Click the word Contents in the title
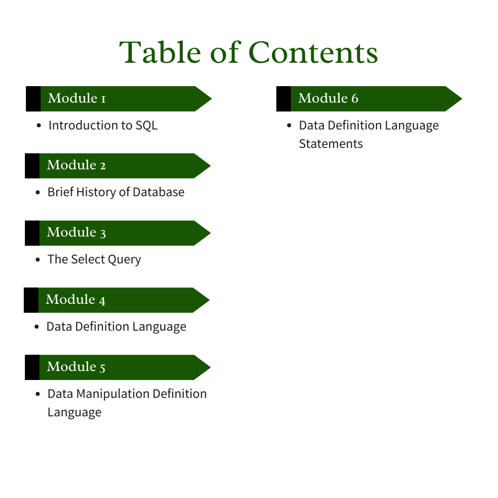click(x=313, y=52)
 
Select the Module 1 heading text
click(x=77, y=98)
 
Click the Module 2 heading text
click(x=76, y=165)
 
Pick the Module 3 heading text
click(x=76, y=233)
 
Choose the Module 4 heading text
click(x=75, y=299)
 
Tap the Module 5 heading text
click(x=76, y=367)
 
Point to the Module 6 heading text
click(x=328, y=98)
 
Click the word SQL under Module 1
click(x=146, y=125)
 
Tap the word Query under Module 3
click(x=124, y=260)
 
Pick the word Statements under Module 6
click(x=331, y=144)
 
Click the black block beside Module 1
click(x=33, y=99)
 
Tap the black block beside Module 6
click(x=284, y=99)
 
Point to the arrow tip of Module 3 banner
click(x=210, y=233)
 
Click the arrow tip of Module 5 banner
click(x=210, y=368)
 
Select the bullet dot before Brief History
click(x=38, y=192)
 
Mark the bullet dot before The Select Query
click(x=38, y=260)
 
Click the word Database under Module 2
click(x=158, y=192)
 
